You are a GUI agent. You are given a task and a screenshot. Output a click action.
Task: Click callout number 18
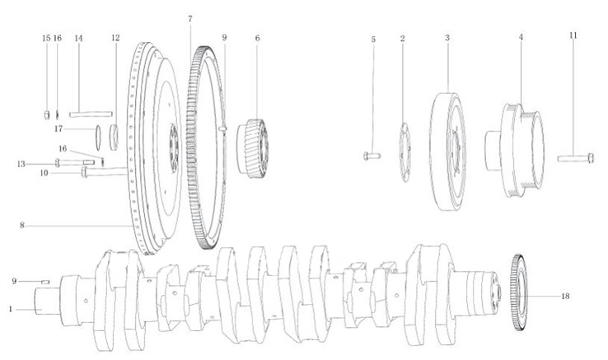[x=565, y=297]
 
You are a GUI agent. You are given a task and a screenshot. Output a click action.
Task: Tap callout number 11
[x=573, y=35]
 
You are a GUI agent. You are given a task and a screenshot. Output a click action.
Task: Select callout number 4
[x=521, y=37]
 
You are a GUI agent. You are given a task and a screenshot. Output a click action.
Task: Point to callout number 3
[x=447, y=38]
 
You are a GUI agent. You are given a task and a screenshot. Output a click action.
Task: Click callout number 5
[x=373, y=40]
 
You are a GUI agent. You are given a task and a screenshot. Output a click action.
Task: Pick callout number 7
[x=190, y=19]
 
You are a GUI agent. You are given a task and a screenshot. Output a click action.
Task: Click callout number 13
[x=21, y=164]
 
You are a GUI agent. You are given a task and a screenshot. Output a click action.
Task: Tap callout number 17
[x=58, y=129]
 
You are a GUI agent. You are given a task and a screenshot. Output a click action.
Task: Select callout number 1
[x=11, y=310]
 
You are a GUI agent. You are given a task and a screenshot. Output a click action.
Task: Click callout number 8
[x=22, y=226]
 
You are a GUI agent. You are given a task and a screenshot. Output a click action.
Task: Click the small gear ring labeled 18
[x=518, y=292]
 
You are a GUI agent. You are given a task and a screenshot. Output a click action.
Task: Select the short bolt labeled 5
[x=372, y=157]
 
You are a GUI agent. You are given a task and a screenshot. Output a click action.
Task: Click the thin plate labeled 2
[x=405, y=152]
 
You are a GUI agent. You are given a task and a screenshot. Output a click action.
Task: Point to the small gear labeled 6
[x=253, y=148]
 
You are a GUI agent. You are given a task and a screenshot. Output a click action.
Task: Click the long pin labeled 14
[x=91, y=114]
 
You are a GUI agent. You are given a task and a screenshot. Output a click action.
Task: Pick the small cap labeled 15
[x=46, y=115]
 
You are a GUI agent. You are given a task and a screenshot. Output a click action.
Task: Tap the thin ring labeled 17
[x=98, y=138]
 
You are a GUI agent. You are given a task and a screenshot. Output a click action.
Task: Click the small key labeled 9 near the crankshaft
[x=45, y=282]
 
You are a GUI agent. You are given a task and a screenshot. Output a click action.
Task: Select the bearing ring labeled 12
[x=115, y=138]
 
